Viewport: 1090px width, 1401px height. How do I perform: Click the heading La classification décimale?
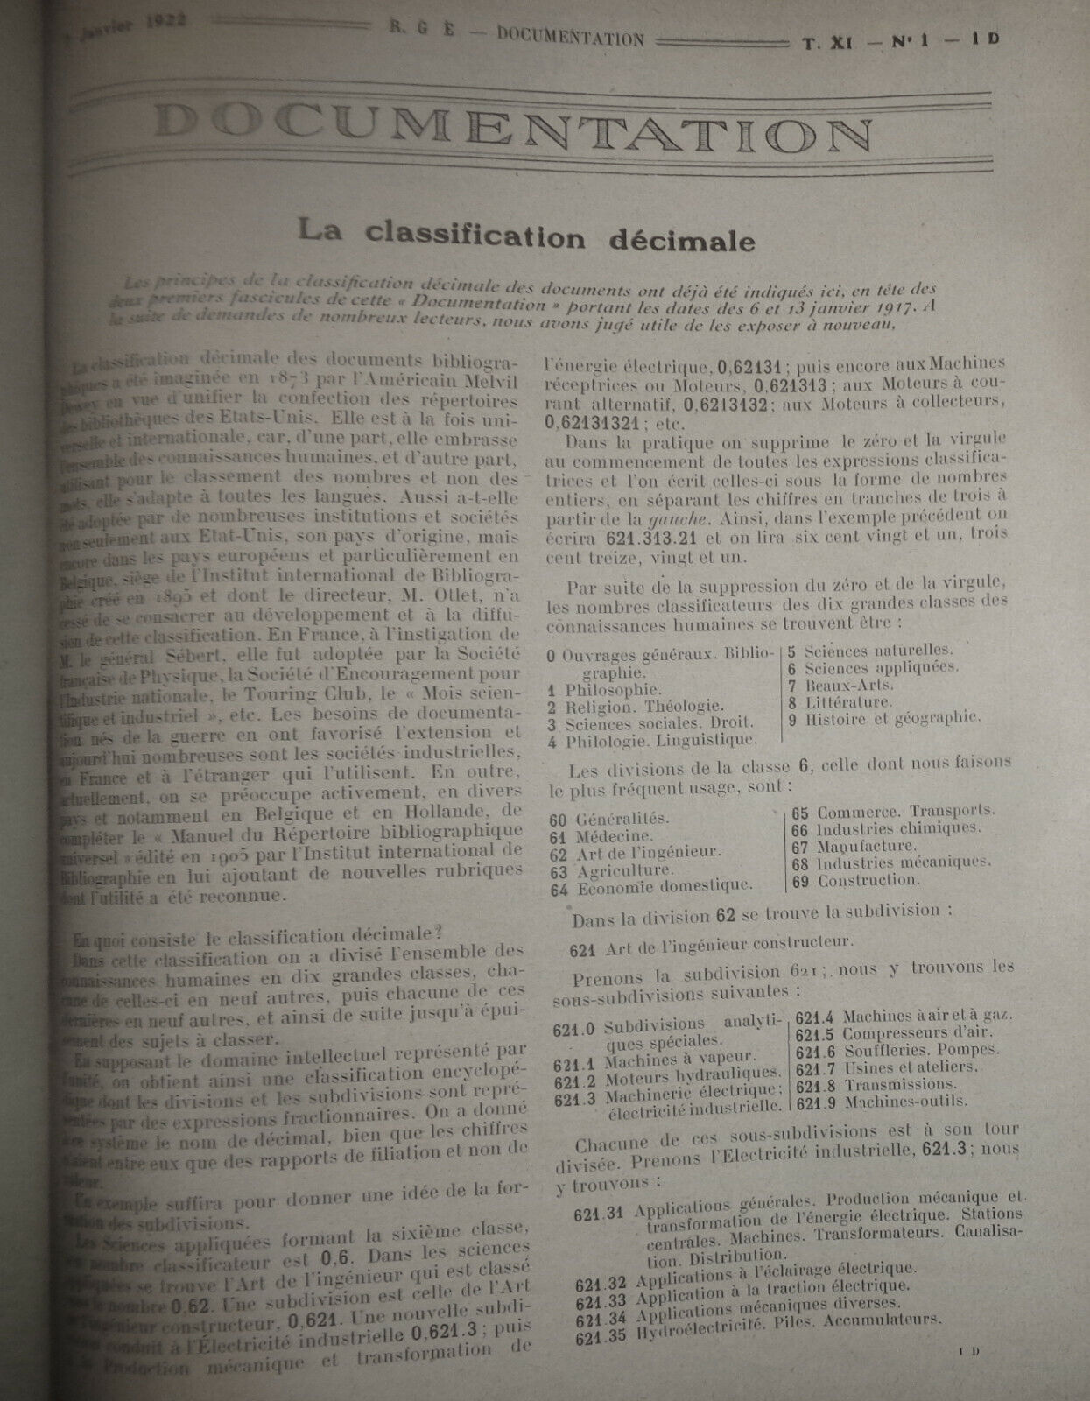point(525,236)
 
